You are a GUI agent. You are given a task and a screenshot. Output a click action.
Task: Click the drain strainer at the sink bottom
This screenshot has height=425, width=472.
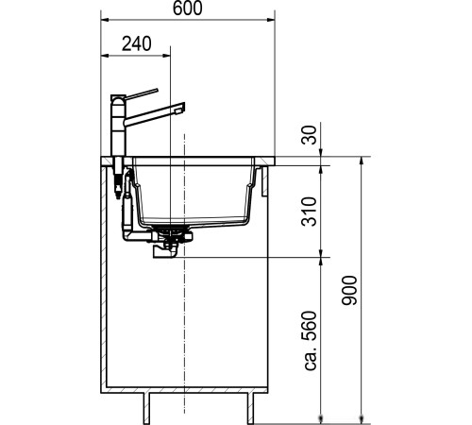(x=171, y=229)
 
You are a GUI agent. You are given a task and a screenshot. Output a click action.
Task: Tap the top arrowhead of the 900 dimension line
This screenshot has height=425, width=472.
(x=363, y=161)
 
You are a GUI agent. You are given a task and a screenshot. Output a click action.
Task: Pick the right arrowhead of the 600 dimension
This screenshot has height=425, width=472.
(x=271, y=20)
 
